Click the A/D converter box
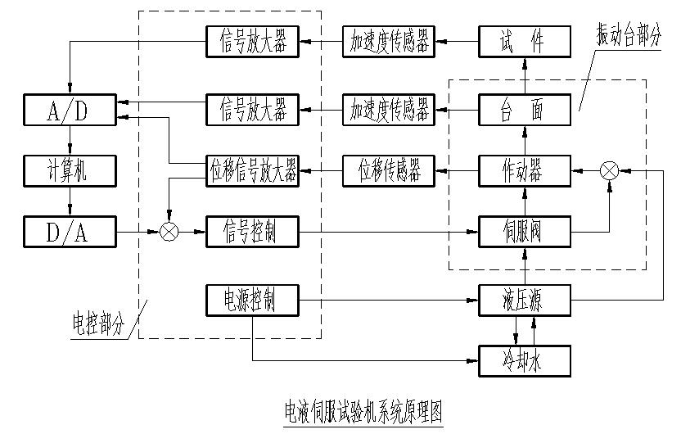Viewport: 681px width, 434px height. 70,109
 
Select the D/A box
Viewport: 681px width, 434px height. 70,233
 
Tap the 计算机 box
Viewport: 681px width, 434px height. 70,171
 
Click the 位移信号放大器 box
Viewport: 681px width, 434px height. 251,171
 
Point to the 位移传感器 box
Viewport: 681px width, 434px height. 389,171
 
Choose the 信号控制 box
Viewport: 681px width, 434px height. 251,233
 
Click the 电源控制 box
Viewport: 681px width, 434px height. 251,301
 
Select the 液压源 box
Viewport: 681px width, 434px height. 522,301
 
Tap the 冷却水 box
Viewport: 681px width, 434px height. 522,359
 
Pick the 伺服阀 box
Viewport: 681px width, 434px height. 522,233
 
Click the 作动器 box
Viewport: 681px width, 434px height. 522,171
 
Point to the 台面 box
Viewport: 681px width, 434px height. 522,109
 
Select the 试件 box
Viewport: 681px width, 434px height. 522,41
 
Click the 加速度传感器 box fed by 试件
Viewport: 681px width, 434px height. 389,41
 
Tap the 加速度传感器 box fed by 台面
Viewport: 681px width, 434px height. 389,109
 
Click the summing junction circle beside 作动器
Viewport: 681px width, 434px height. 609,170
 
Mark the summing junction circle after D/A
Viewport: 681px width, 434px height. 169,233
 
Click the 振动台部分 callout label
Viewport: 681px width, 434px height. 627,37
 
